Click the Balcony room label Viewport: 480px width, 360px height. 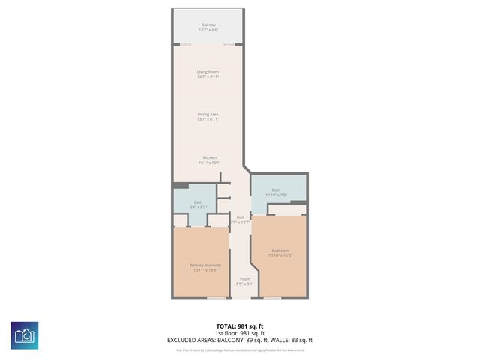208,25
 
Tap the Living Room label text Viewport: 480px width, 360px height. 208,72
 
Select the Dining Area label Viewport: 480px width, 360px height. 208,114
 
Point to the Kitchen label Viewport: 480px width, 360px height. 208,157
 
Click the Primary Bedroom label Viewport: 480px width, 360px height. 202,265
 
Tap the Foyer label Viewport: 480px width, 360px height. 244,279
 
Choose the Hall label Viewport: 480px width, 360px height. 240,217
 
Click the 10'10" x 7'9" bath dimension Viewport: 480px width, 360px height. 277,195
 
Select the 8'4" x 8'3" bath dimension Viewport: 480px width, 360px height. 198,207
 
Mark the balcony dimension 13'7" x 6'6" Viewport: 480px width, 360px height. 208,31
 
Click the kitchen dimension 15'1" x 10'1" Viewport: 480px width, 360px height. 208,162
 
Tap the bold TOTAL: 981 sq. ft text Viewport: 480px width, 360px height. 240,326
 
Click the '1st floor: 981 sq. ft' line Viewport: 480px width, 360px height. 240,333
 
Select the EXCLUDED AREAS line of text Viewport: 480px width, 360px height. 240,340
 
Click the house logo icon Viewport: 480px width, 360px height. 24,334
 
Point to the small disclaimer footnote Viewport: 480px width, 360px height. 240,349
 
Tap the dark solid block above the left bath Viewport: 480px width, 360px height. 181,185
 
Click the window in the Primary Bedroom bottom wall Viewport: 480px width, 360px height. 216,298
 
